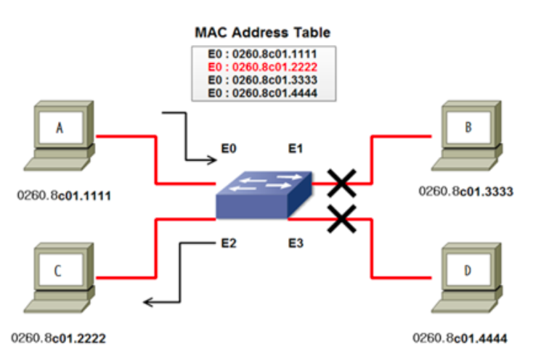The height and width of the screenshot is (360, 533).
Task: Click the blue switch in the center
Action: (x=264, y=195)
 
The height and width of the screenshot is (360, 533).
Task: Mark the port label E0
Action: (x=229, y=150)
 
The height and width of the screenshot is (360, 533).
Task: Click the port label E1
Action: (x=295, y=150)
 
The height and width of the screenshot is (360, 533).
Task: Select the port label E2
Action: (x=228, y=243)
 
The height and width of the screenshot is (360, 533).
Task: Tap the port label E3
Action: (x=295, y=243)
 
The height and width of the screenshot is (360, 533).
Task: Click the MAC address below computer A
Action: (x=64, y=196)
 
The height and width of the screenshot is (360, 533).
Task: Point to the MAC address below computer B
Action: (x=466, y=192)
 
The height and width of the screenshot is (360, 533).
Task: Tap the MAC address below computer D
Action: (x=460, y=337)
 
